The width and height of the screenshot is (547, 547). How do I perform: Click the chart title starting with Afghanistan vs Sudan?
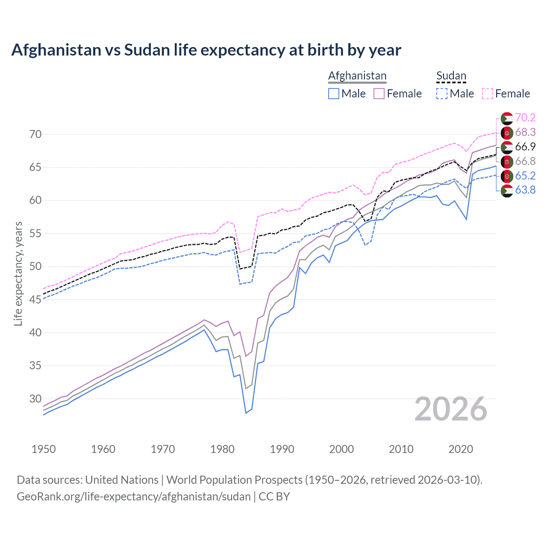coord(206,50)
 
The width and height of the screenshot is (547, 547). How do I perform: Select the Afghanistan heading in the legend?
coord(357,76)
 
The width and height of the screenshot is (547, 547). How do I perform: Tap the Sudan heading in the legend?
coord(451,76)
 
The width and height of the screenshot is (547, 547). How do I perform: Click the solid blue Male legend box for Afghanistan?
coord(334,94)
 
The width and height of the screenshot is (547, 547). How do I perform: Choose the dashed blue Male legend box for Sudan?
coord(442,94)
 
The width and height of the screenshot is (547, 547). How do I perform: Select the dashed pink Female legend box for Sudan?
coord(488,94)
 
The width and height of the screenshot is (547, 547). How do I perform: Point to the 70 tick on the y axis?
coord(35,134)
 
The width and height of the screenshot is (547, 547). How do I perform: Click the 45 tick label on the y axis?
coord(35,300)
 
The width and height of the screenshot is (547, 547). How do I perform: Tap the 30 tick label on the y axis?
coord(35,399)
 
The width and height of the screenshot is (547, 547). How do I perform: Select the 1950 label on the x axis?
coord(44,449)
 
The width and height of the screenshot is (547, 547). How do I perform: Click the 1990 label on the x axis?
coord(282,449)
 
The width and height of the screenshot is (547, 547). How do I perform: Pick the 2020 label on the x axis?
coord(461,449)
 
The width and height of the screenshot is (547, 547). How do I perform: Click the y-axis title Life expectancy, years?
coord(18,273)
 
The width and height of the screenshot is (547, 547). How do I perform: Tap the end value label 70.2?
coord(525,118)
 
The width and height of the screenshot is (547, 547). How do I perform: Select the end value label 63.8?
coord(525,190)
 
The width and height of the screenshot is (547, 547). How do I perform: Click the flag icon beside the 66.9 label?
coord(507,147)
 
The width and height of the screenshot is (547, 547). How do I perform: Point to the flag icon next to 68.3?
coord(507,132)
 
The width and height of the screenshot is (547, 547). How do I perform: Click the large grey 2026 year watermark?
coord(451,409)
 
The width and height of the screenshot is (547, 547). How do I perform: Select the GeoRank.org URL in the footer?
coord(133,497)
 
